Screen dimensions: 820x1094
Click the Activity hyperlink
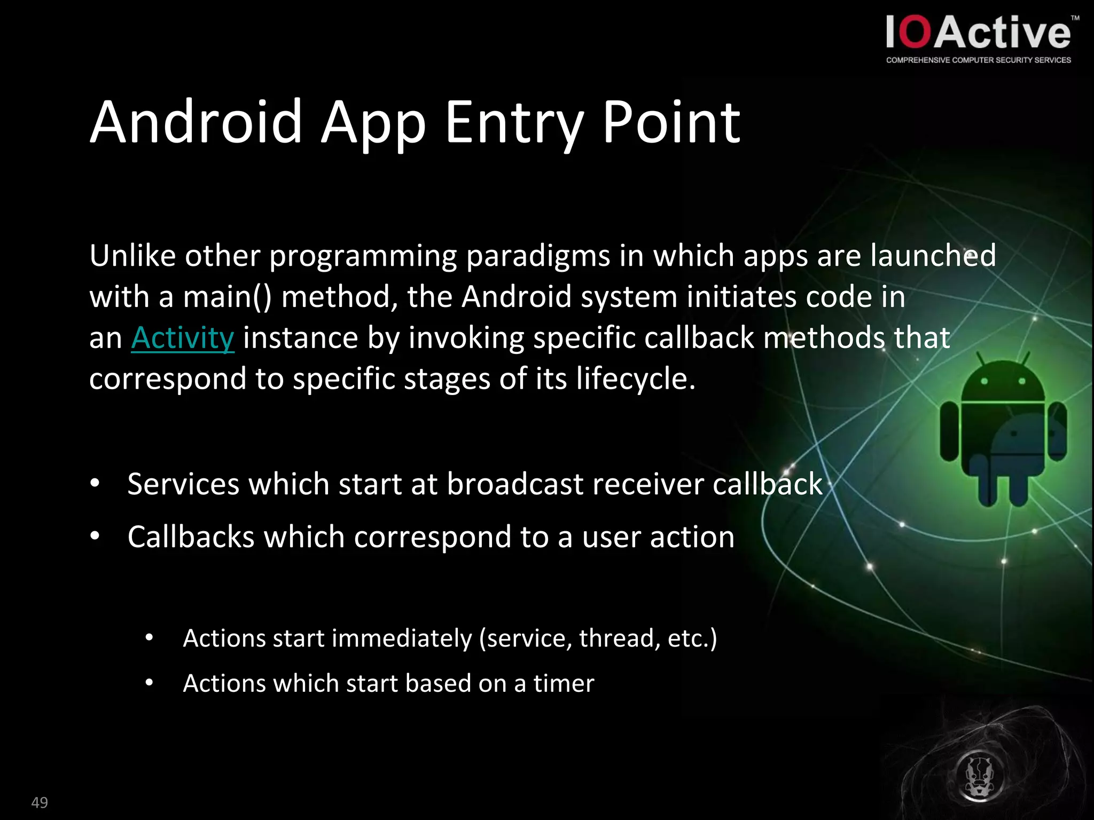pos(182,338)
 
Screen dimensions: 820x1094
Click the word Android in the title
pos(196,123)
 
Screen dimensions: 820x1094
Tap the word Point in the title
pos(671,123)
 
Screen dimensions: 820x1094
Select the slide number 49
pos(40,802)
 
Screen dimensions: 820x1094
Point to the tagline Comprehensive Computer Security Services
pos(978,60)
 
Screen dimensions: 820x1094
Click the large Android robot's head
pos(1003,382)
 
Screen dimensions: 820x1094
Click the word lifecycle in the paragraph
pos(630,379)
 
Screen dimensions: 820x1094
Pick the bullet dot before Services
pos(95,484)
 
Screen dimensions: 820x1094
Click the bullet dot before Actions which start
pos(149,683)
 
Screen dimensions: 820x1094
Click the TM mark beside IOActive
pos(1075,18)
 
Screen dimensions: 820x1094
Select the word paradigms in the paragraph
pos(537,256)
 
